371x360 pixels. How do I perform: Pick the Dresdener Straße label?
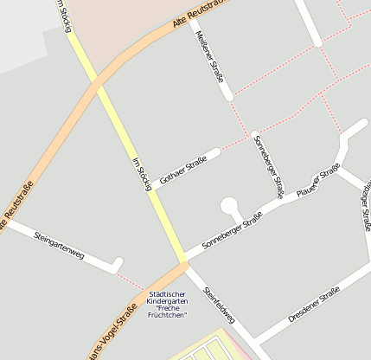pyautogui.click(x=314, y=307)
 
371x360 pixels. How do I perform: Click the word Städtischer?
pyautogui.click(x=166, y=294)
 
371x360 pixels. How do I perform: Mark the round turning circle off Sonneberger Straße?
pyautogui.click(x=230, y=206)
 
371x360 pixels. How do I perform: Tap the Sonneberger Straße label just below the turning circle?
pyautogui.click(x=232, y=235)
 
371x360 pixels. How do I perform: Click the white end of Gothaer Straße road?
pyautogui.click(x=215, y=152)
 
